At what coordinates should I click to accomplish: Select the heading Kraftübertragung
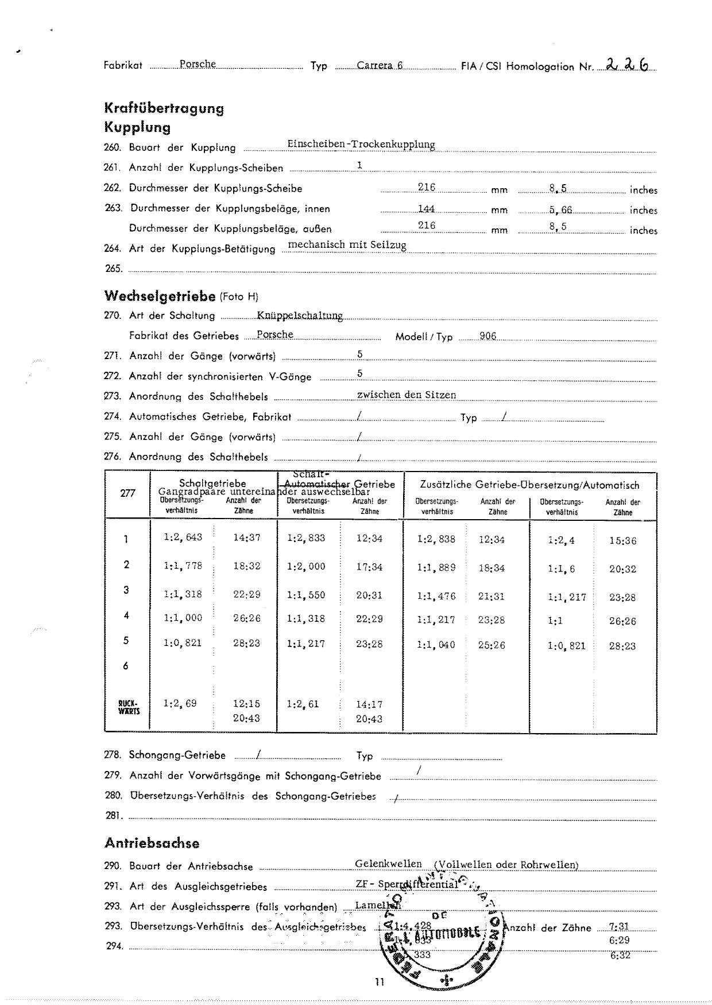pos(164,108)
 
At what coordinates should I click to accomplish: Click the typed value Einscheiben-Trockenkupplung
pos(361,145)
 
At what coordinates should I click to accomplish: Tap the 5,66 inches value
pos(560,210)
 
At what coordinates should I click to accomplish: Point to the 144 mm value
pos(427,209)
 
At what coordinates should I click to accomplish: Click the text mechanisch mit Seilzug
pos(347,245)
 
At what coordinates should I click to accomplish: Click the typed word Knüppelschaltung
pos(300,315)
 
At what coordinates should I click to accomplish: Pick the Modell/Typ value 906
pos(487,336)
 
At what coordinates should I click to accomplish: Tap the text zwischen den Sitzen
pos(407,395)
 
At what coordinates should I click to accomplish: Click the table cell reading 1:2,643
pos(183,537)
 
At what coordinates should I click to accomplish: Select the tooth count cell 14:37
pos(247,537)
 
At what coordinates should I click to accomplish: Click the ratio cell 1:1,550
pos(306,595)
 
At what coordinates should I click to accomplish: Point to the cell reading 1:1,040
pos(436,645)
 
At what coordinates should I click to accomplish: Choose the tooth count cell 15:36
pos(622,541)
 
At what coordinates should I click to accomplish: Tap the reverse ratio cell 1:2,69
pos(180,703)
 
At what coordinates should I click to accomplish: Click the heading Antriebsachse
pos(152,843)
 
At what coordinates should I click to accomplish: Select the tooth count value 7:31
pos(620,926)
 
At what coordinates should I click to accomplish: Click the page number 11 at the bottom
pos(379,981)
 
